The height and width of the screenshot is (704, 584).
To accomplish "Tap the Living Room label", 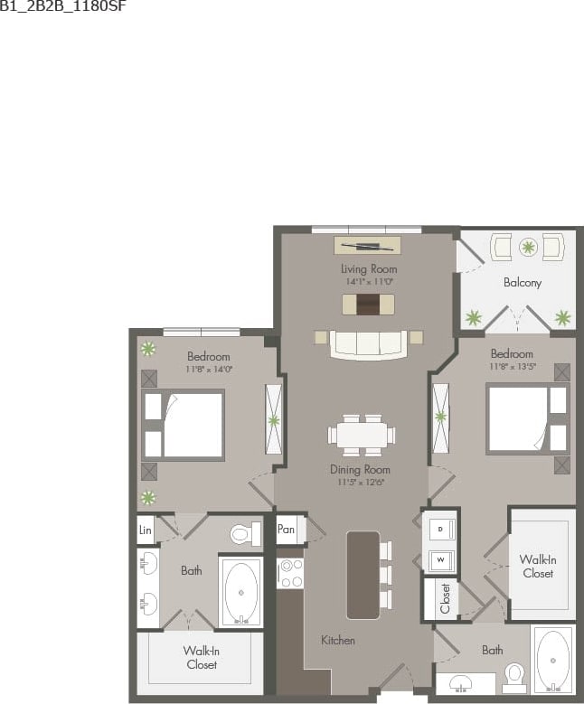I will click(x=369, y=269).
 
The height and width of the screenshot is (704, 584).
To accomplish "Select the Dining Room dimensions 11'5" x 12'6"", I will click(x=360, y=482).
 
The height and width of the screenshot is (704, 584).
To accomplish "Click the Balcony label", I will click(x=522, y=283).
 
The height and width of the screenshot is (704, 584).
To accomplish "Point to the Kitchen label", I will click(x=338, y=640).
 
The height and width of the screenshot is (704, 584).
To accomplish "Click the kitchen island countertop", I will click(x=363, y=574).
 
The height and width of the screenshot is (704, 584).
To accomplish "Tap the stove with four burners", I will click(x=290, y=572).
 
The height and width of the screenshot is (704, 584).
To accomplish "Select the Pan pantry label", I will click(x=287, y=529).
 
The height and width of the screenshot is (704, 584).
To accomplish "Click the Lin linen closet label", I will click(x=145, y=530).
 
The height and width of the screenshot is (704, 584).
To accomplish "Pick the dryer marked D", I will click(x=440, y=528).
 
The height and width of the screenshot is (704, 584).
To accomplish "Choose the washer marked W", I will click(x=440, y=559).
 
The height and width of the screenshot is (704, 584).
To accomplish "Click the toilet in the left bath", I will click(x=244, y=535).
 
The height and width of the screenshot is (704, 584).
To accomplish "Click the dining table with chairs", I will click(x=362, y=434).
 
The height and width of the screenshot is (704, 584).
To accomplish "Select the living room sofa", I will click(x=368, y=343).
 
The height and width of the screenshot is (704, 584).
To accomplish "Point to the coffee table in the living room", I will click(x=368, y=305).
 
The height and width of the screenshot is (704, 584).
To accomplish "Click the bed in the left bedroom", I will click(x=184, y=425).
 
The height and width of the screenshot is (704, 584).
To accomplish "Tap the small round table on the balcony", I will click(x=528, y=245).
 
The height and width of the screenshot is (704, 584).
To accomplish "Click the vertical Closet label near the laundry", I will click(x=445, y=598).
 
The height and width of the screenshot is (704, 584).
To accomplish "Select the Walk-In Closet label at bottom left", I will click(x=201, y=657).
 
